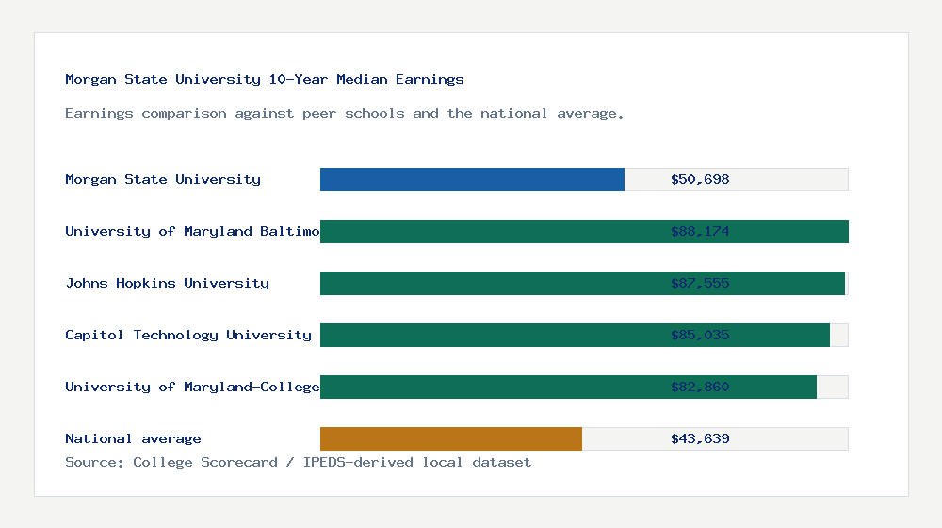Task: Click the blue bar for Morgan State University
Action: (472, 179)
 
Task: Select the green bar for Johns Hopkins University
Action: (582, 283)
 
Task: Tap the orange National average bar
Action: (451, 438)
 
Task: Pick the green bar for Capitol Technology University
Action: (575, 335)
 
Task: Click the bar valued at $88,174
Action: (584, 231)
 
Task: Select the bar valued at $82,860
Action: (568, 387)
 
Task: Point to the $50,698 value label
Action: (700, 179)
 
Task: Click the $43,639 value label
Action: (700, 438)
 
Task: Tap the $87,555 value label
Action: (700, 283)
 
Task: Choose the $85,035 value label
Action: (700, 335)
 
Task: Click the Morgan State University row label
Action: (163, 179)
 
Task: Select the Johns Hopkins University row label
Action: (167, 283)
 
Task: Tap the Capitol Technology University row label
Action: (188, 335)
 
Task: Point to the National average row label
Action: (133, 438)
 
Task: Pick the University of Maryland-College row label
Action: (192, 387)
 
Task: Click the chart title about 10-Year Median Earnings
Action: (265, 79)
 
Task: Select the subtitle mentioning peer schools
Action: (345, 113)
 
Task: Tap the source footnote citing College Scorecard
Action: (298, 462)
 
